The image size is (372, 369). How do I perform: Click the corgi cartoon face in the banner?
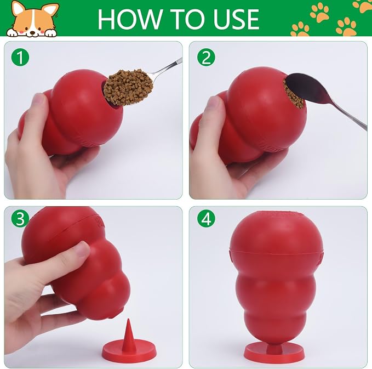click(x=32, y=20)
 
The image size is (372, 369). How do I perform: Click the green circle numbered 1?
click(x=20, y=58)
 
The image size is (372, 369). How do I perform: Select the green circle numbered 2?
click(x=206, y=58)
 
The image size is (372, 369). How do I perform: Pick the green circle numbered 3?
click(x=20, y=219)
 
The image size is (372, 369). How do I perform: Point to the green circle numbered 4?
click(x=206, y=219)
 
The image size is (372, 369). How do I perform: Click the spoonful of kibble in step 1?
click(x=128, y=87)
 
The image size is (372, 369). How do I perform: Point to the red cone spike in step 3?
click(x=129, y=332)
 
